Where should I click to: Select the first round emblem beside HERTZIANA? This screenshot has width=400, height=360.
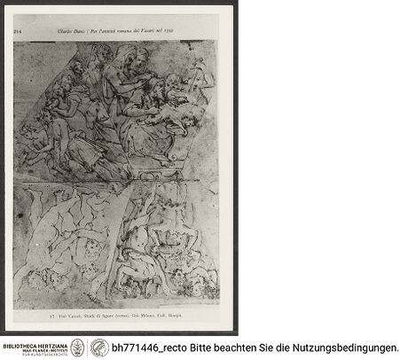pos(78,348)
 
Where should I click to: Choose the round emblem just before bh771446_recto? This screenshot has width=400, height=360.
pos(99,348)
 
